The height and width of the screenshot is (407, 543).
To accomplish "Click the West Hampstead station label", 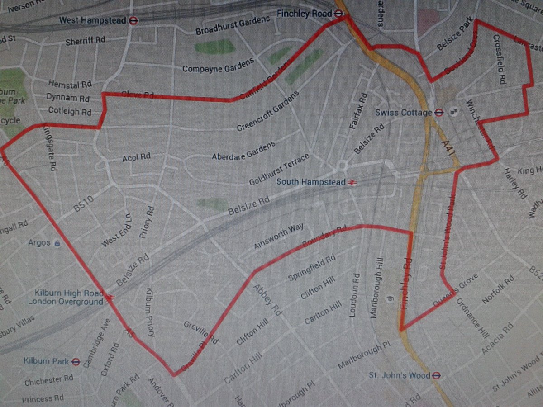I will coord(93,20).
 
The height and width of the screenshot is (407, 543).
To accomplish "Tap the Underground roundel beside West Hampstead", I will coord(133,20).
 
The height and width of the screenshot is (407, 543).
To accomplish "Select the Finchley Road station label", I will coord(305,14).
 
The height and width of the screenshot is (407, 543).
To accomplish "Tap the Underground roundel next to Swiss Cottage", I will coord(438,113).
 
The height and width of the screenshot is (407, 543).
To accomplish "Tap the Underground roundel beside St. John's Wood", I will coord(435,375).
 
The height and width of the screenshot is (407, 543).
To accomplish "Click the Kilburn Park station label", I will coord(47,361).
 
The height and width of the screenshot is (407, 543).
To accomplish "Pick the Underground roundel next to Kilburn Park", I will coord(76,361).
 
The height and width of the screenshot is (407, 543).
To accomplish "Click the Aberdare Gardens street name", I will coord(243,151).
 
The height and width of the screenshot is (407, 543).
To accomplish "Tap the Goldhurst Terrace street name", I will coord(279,169).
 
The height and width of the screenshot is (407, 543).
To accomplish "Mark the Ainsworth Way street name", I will coord(278,237).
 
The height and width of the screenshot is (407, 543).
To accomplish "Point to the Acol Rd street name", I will coord(136,157).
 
